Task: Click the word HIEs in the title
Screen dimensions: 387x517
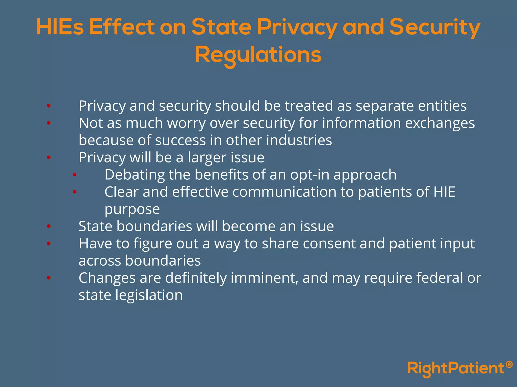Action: tap(60, 27)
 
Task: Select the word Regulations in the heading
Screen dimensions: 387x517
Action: tap(258, 55)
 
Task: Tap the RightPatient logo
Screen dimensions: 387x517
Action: tap(456, 368)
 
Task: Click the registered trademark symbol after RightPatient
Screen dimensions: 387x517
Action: tap(509, 365)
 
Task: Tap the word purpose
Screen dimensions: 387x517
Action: tap(132, 209)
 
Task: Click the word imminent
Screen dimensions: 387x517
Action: tap(264, 278)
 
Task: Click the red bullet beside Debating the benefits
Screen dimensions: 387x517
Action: tap(74, 175)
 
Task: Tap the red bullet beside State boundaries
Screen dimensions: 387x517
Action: tap(49, 226)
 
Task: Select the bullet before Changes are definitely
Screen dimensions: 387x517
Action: tap(49, 278)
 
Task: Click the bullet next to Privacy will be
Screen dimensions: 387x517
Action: tap(49, 157)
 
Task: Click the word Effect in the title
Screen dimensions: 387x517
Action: tap(122, 27)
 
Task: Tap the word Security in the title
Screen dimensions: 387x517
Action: tap(435, 27)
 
